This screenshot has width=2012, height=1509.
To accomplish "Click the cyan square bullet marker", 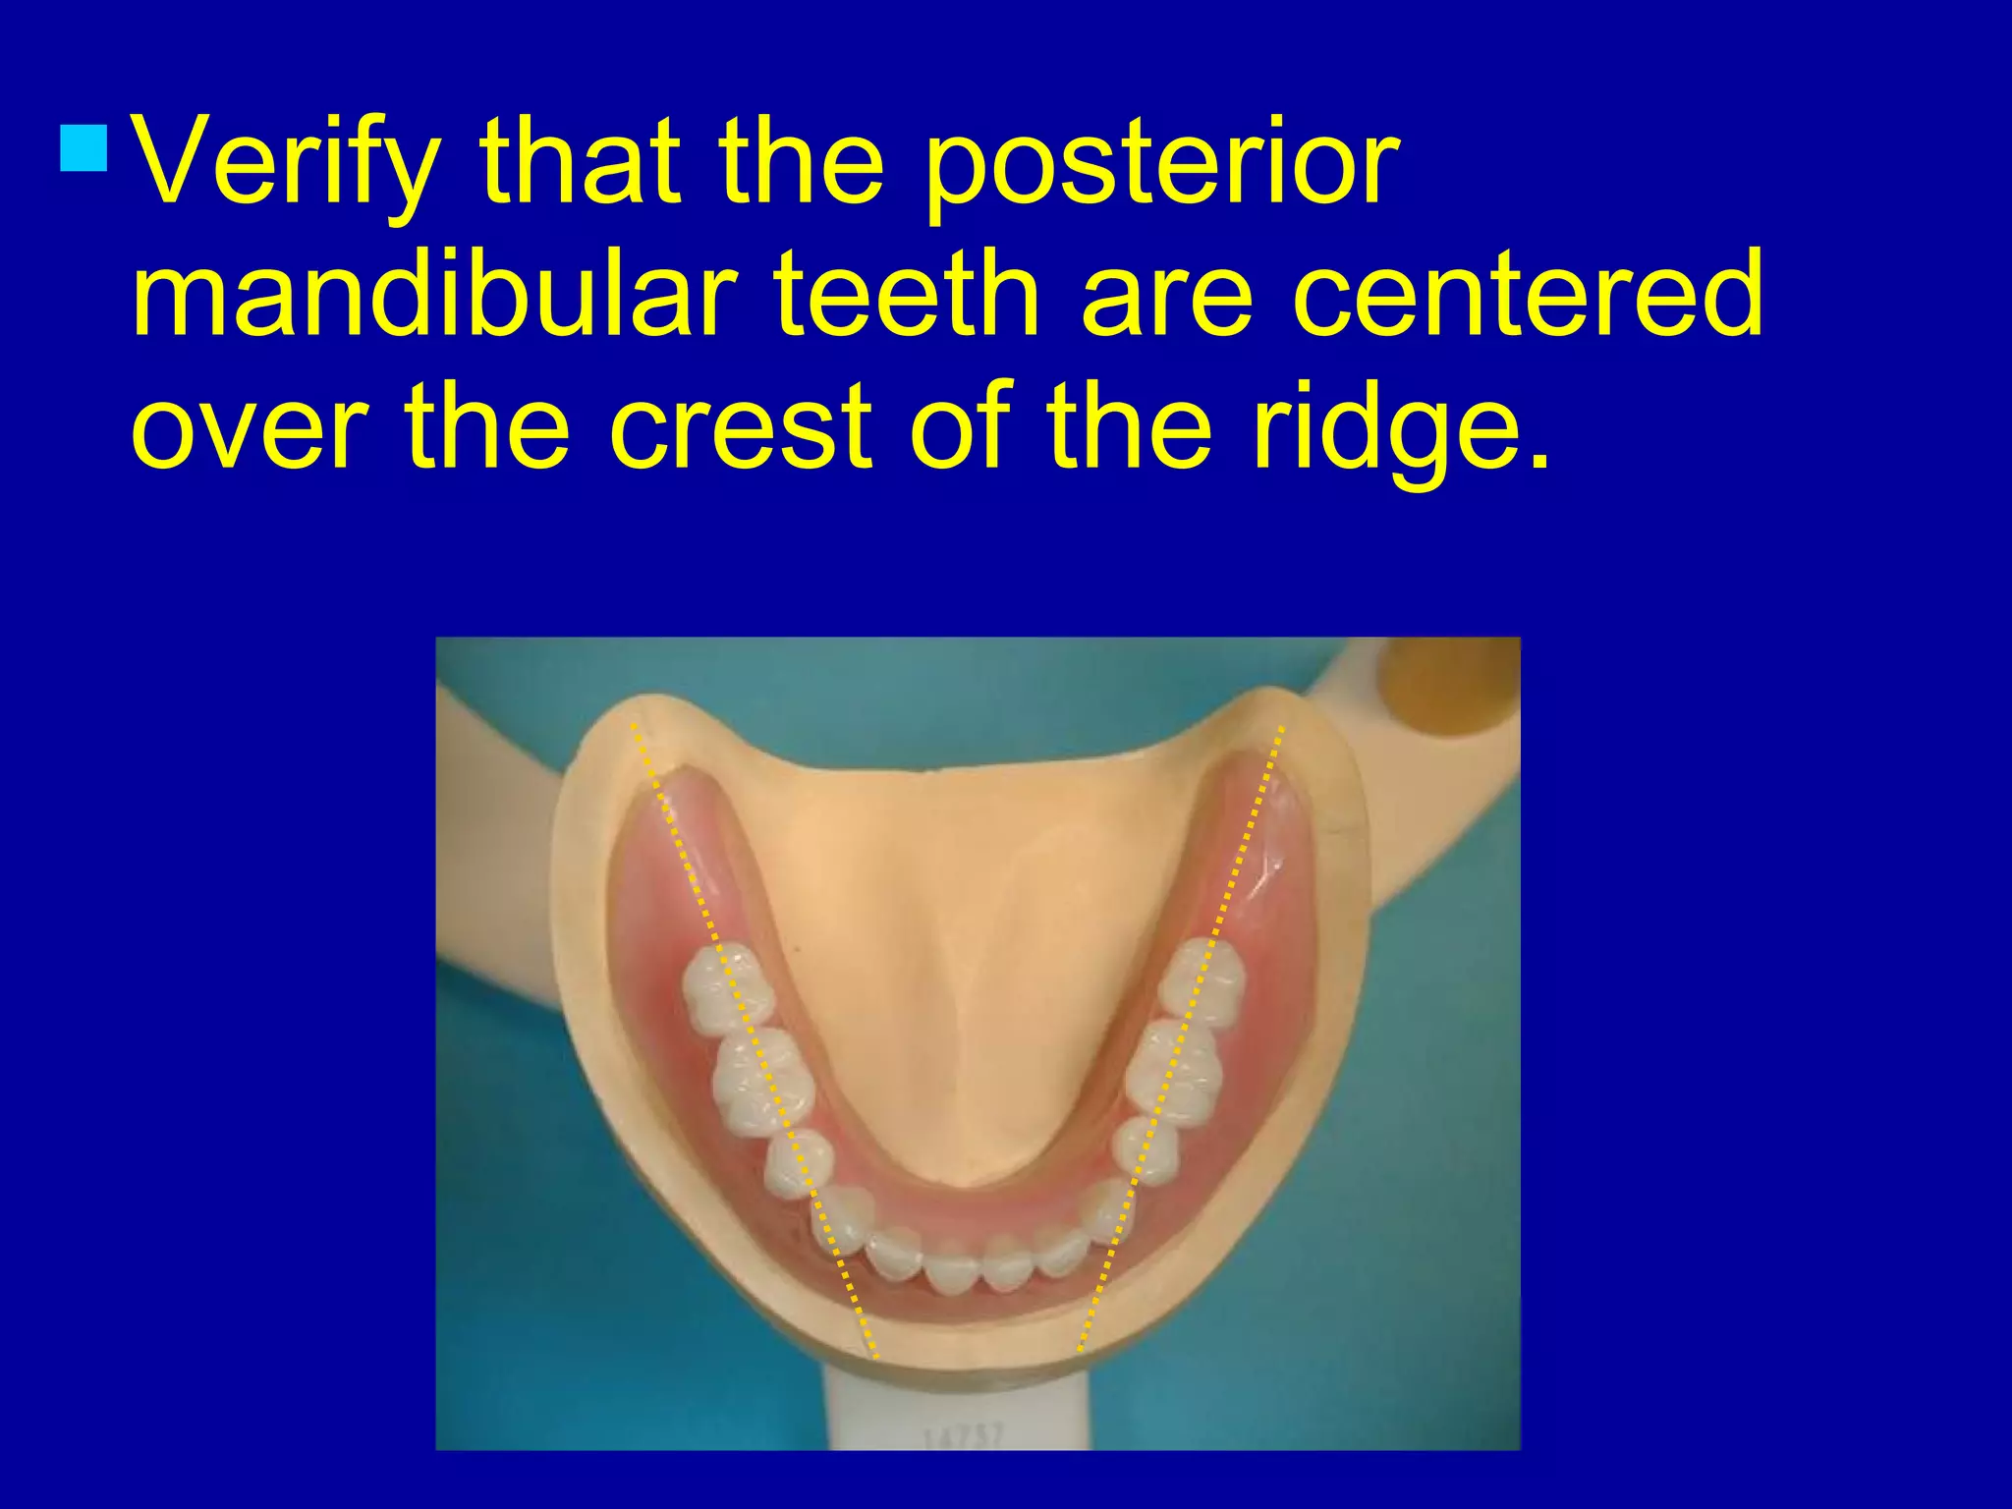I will point(84,147).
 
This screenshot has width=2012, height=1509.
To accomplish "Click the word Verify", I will point(285,163).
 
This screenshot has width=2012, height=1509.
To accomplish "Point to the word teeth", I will point(906,294).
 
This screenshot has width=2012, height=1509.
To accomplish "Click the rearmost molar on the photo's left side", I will point(727,988).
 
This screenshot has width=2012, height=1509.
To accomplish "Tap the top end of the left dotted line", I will point(633,725).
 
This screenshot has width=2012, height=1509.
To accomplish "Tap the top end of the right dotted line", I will point(1281,727).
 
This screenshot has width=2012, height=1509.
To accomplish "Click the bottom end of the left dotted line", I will point(875,1357).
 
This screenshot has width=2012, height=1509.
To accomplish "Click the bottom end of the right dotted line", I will point(1080,1351).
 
